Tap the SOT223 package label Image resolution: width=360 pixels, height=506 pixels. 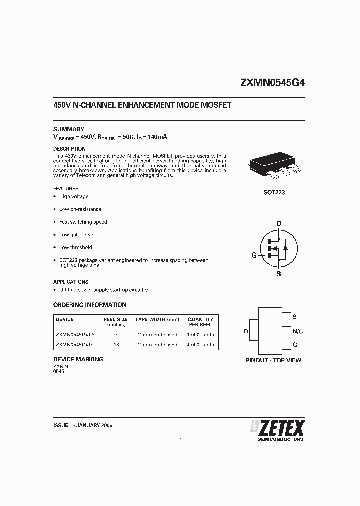point(274,192)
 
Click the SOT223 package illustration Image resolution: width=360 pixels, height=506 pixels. point(274,167)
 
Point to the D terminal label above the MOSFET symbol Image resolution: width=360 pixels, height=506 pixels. point(279,223)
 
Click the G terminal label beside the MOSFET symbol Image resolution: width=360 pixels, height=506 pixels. point(254,255)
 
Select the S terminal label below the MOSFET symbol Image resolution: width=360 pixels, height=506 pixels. point(279,274)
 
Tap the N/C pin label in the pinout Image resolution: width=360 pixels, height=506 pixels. point(298,331)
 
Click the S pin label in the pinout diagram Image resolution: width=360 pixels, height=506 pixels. point(295,317)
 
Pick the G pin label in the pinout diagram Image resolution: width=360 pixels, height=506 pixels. point(295,345)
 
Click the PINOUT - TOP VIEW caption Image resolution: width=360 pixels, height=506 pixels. point(274,360)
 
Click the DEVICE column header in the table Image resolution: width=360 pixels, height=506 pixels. point(65,319)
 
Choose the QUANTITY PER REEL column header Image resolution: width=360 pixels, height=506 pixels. point(200,321)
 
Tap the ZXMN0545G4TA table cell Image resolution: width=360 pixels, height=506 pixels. point(73,334)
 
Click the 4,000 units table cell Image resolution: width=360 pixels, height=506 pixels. point(200,345)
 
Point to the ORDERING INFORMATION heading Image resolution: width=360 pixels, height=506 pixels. point(90,305)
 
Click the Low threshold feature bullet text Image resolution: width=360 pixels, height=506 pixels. point(76,247)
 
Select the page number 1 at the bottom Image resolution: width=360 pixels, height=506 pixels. point(180,440)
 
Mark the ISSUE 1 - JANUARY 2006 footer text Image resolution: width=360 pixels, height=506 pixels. point(83,425)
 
